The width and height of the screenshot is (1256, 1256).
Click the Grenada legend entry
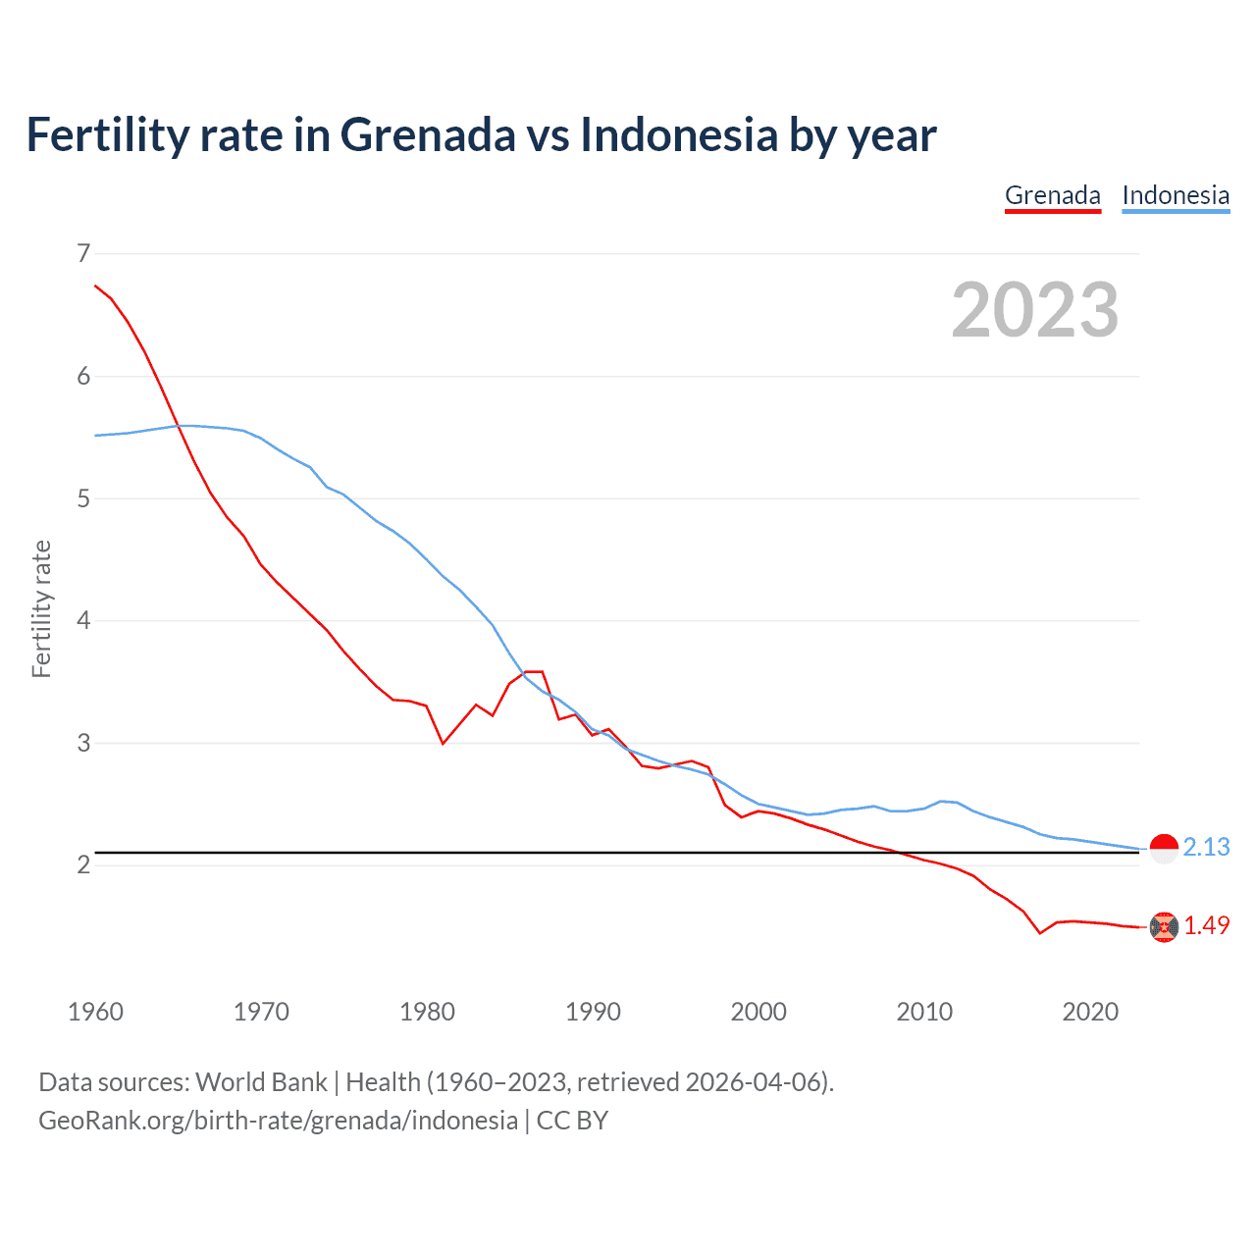click(1053, 195)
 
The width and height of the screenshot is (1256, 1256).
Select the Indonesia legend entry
click(1176, 195)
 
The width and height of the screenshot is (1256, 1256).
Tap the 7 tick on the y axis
click(83, 254)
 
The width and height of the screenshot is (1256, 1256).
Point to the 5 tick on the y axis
click(83, 498)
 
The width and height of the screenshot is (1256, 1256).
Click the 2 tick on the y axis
click(83, 864)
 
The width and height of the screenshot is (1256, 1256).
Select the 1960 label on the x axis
click(95, 1012)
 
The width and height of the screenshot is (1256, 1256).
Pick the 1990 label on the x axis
click(593, 1012)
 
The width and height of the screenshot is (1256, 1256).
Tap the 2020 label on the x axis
click(1090, 1012)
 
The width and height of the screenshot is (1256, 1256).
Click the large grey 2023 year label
click(1035, 310)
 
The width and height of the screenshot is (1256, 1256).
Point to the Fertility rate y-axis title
click(41, 608)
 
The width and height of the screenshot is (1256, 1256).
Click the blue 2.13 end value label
click(1206, 847)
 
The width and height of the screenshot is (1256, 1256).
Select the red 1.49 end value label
click(1206, 925)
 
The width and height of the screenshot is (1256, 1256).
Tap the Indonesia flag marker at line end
click(1164, 848)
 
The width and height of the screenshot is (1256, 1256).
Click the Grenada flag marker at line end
click(1164, 926)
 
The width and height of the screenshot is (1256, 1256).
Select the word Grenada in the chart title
click(428, 134)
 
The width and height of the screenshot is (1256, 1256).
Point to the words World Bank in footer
click(261, 1082)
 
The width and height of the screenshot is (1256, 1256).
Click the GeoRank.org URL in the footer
click(278, 1121)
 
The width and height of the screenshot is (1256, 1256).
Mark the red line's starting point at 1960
click(95, 286)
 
